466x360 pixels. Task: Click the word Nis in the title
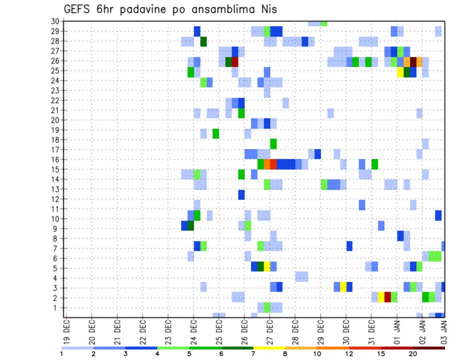(268, 9)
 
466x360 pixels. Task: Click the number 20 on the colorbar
(413, 354)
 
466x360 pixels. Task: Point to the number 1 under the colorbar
(62, 354)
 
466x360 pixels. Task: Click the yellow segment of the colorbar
(269, 348)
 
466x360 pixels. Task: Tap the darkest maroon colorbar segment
(429, 348)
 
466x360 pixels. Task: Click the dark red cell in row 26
(235, 62)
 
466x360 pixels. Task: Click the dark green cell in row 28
(203, 42)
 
